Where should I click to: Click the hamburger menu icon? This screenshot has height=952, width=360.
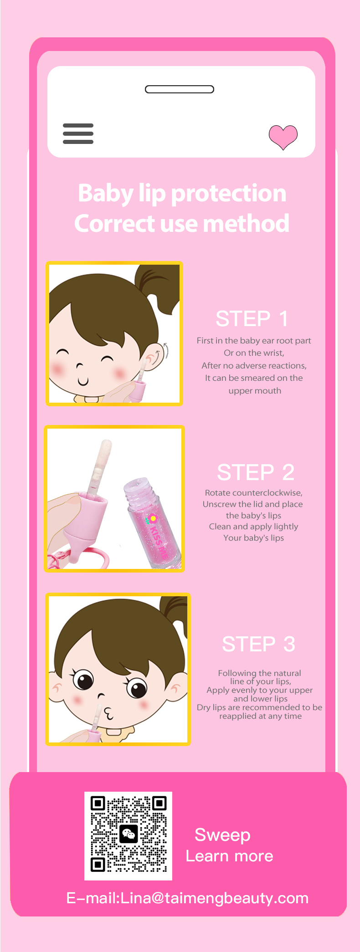78,133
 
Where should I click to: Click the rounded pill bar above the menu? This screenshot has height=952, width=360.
180,89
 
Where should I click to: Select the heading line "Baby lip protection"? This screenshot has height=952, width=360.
182,193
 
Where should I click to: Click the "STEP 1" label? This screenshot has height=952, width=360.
252,318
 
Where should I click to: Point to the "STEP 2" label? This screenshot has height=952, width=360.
256,472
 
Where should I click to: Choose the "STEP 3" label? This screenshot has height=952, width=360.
258,644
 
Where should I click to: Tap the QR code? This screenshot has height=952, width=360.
129,836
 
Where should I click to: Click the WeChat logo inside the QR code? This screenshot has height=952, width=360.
129,834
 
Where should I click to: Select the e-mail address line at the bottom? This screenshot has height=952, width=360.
187,898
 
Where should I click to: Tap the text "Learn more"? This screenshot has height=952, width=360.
229,856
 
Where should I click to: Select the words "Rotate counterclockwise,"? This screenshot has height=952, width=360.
254,493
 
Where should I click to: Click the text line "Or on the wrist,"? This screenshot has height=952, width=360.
254,353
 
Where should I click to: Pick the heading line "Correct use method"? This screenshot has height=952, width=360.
182,223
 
